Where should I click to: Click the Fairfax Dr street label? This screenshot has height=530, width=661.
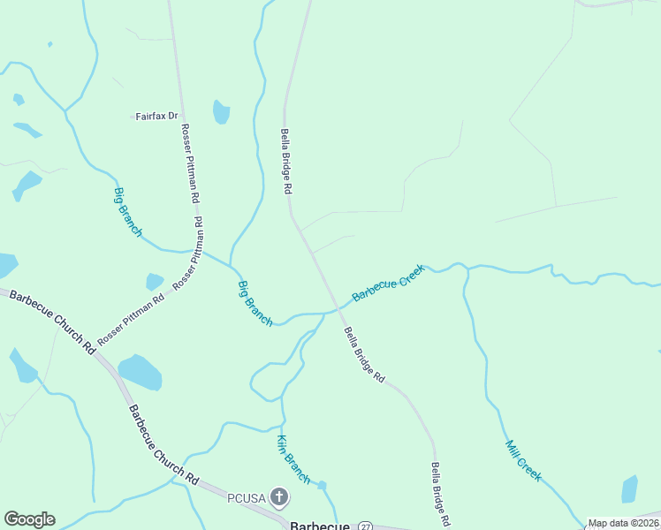tap(157, 117)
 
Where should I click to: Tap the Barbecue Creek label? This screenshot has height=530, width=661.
tap(389, 283)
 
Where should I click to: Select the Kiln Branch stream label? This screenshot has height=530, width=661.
tap(293, 459)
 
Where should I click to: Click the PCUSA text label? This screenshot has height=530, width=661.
tap(247, 497)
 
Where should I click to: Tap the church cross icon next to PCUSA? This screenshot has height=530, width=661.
tap(279, 497)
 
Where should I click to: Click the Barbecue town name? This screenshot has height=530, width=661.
tap(320, 525)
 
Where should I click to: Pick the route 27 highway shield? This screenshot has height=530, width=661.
tap(366, 526)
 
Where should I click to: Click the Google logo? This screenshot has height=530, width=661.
tap(29, 519)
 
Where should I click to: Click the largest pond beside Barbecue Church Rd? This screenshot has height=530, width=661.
tap(140, 373)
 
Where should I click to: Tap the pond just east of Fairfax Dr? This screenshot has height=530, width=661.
tap(221, 112)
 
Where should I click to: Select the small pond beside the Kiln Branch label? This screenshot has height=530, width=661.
tap(322, 485)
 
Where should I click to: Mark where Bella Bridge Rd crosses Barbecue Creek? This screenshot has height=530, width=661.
tap(337, 309)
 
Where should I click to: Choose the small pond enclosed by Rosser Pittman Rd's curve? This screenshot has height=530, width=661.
tap(155, 281)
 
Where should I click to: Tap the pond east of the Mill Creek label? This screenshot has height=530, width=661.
tap(629, 488)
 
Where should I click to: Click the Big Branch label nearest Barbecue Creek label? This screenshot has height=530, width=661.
tap(255, 303)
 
